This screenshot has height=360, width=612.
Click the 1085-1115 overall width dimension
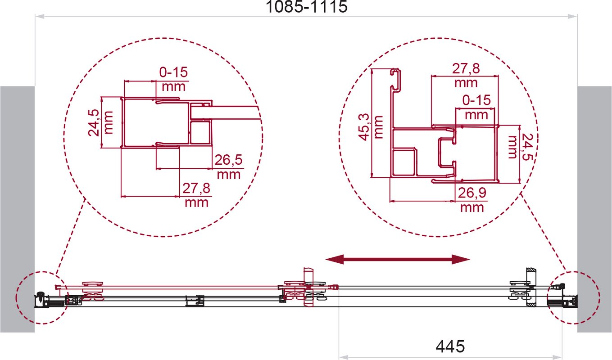tap(306, 7)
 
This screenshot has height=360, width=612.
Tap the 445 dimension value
tap(450, 346)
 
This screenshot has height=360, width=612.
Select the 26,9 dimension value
tap(472, 193)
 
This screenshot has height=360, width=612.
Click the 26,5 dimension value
tap(228, 160)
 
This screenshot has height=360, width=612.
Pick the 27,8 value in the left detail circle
tap(196, 188)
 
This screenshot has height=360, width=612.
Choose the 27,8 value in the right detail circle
tap(466, 68)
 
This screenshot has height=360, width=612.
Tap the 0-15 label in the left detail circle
tap(173, 72)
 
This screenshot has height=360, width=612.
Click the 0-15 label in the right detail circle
tap(476, 100)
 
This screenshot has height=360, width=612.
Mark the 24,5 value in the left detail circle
tap(93, 122)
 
